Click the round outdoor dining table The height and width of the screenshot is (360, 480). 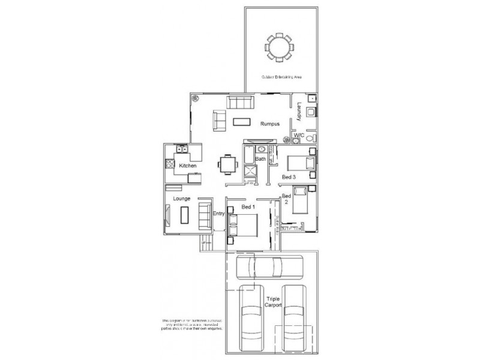click(278, 47)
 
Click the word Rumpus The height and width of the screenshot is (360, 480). click(268, 124)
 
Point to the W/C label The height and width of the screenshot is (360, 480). click(298, 136)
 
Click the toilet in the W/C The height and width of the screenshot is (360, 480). click(310, 137)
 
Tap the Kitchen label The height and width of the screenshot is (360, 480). click(188, 164)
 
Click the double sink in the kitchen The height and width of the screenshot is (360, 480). click(182, 150)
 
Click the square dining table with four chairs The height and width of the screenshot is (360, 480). click(226, 163)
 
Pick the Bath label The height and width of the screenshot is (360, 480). click(260, 159)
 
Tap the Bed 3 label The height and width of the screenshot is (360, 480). click(289, 178)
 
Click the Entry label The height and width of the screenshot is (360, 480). click(218, 214)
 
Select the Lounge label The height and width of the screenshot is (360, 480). click(182, 197)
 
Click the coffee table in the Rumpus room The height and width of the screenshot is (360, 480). click(242, 122)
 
